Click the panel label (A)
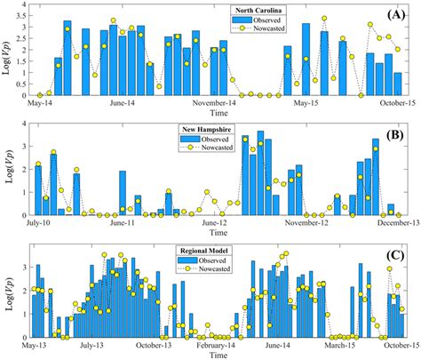[x=396, y=15]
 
